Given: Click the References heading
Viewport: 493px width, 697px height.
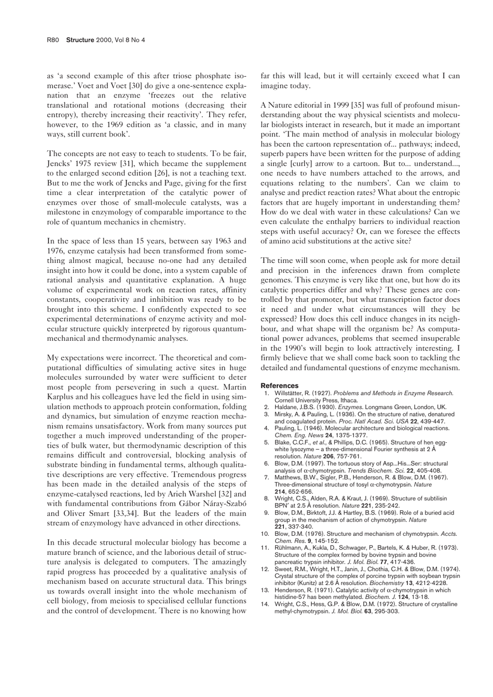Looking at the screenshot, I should (279, 385).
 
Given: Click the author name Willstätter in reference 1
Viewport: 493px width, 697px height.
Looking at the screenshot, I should (292, 393).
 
